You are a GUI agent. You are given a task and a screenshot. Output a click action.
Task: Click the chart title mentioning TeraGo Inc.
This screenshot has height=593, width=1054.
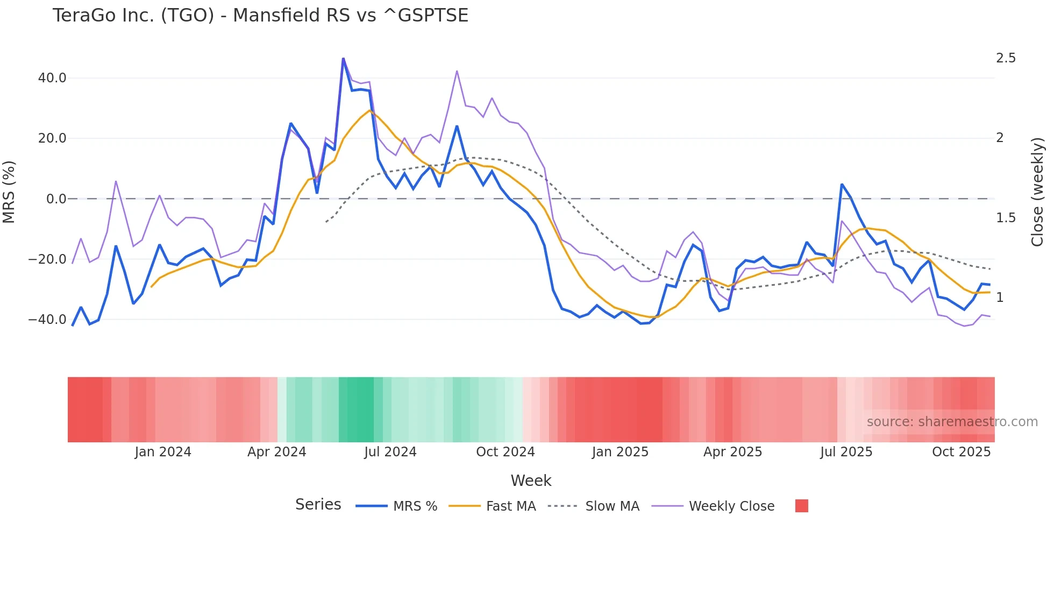(260, 16)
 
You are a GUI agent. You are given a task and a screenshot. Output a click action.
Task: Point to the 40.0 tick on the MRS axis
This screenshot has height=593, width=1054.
(52, 78)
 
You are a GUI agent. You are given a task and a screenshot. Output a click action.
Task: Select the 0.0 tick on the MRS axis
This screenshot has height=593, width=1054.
(56, 199)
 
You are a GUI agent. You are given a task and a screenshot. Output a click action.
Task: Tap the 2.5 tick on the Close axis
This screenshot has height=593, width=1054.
(1006, 58)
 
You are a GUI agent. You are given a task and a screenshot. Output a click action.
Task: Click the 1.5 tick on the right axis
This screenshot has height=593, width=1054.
(1006, 218)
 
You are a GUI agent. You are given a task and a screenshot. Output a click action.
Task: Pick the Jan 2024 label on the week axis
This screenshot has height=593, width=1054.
(163, 452)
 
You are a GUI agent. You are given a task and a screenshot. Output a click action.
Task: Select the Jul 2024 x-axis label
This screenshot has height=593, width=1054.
(390, 452)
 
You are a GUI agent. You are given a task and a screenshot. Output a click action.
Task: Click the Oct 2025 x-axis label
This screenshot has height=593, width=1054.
(961, 452)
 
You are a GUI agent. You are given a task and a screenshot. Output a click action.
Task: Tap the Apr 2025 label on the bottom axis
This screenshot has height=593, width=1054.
(732, 452)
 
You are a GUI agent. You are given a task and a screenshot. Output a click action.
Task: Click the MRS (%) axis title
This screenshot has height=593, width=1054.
(9, 192)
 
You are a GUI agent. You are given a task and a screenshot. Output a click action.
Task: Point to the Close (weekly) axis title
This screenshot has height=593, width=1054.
(1037, 192)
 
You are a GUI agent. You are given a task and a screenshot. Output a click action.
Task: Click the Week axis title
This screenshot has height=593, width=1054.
(531, 481)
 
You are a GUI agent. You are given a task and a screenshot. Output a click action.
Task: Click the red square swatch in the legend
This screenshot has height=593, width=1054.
(801, 506)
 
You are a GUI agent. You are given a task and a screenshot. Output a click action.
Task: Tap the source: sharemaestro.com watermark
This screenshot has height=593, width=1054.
(952, 422)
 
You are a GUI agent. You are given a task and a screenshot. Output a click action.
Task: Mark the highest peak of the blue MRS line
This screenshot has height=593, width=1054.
(343, 59)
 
